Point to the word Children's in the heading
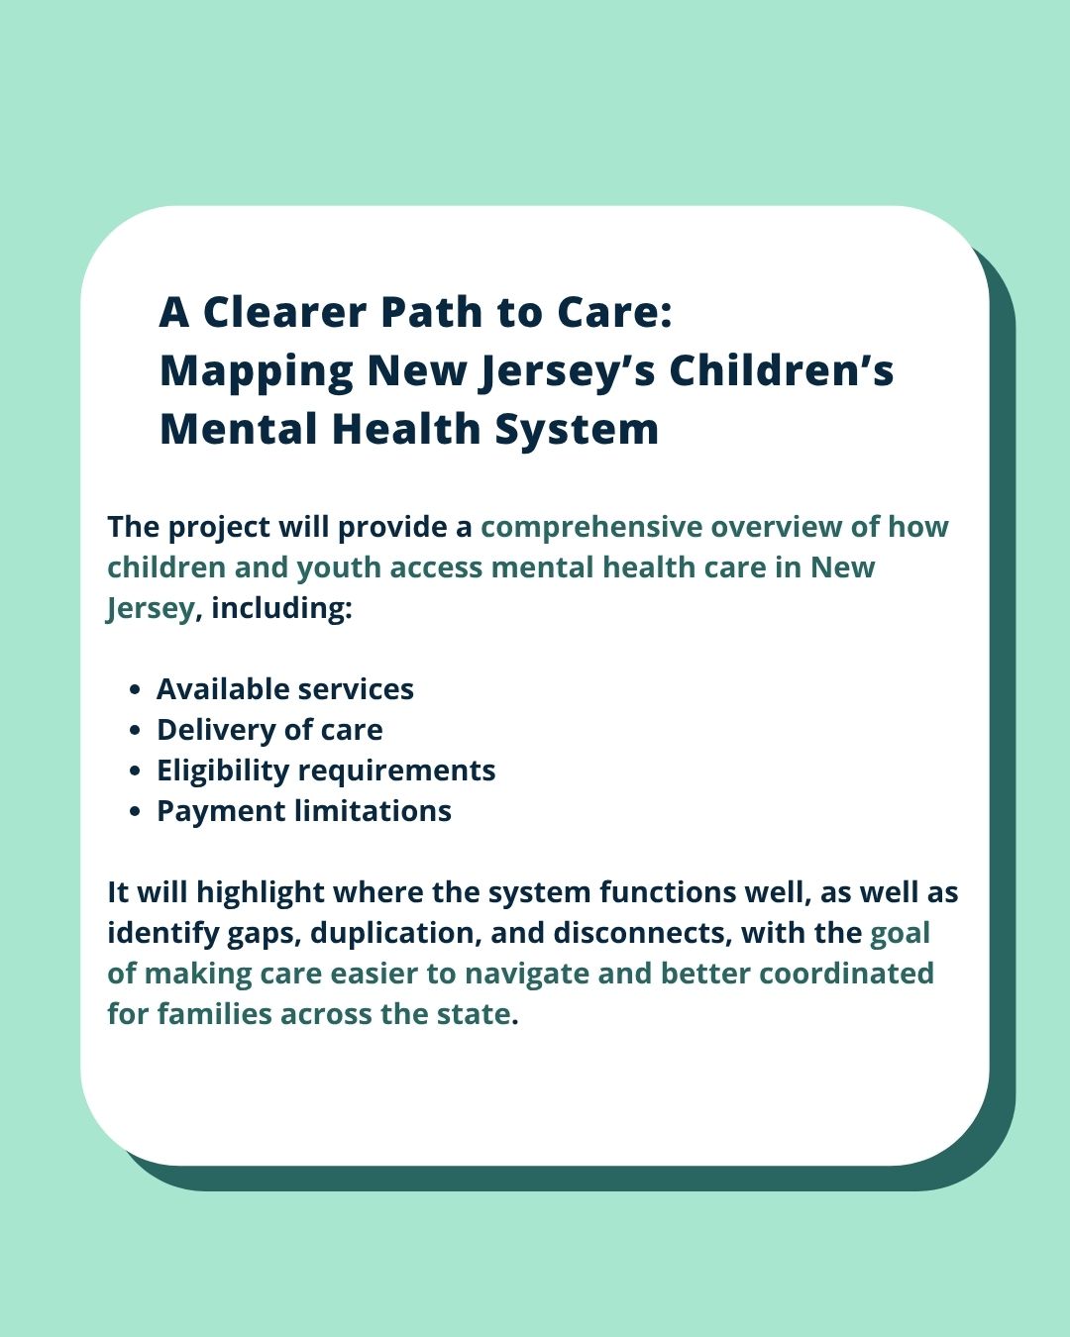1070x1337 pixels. (782, 370)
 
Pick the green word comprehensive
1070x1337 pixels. (591, 529)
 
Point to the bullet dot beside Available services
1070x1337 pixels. (135, 691)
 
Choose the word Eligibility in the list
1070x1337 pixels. (223, 771)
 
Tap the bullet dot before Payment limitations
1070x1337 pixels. (135, 813)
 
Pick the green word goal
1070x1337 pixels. (900, 934)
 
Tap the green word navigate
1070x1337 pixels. (527, 975)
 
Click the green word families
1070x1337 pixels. (214, 1014)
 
